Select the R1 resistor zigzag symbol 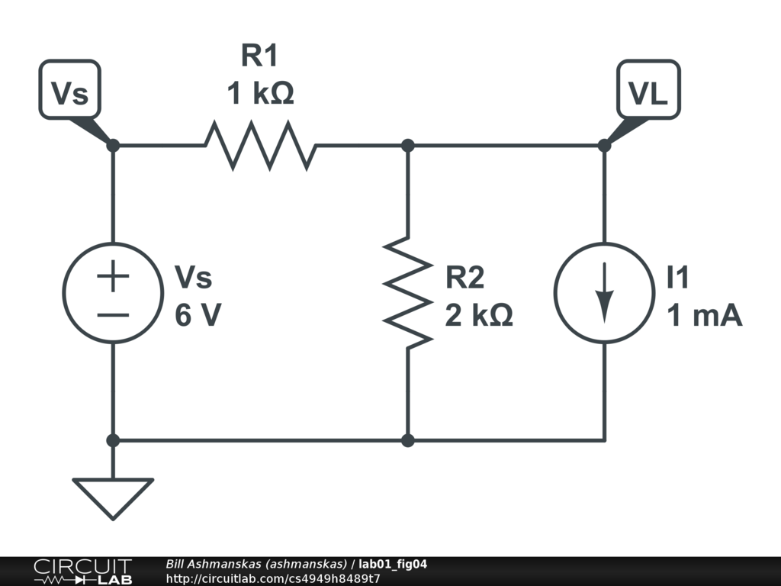coord(260,145)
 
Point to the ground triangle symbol coord(113,497)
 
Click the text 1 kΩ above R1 coord(260,95)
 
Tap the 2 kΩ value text coord(479,315)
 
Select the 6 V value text coord(198,315)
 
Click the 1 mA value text coord(705,315)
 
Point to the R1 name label coord(260,56)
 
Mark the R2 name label coord(465,279)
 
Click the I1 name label coord(678,279)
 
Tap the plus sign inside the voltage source coord(113,276)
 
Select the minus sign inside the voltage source coord(113,314)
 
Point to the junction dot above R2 coord(408,145)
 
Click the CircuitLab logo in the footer coord(82,572)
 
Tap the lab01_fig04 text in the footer coord(393,564)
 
